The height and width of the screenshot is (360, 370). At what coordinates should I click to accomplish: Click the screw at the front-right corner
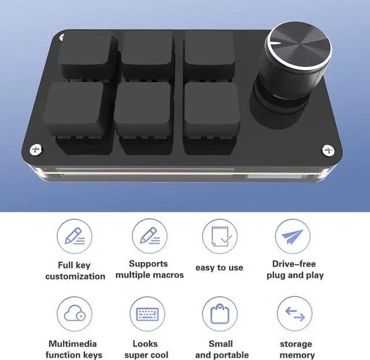point(327,149)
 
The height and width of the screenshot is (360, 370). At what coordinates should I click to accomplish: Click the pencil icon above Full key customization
point(75,236)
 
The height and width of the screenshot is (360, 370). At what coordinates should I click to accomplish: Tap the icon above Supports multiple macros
point(149,236)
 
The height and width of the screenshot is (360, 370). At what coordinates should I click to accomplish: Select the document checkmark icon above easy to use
point(220,236)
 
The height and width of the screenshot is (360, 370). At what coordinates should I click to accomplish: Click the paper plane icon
point(293,236)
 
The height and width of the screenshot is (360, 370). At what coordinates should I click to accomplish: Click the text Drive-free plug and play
point(295,269)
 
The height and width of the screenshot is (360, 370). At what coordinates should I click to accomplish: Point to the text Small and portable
point(221,349)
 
